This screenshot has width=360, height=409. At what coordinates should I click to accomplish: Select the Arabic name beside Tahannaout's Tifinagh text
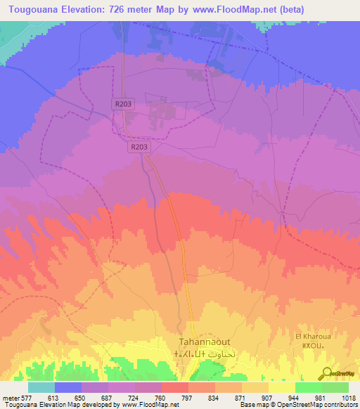coord(222,354)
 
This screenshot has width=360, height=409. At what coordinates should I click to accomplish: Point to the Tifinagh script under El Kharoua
coord(312,346)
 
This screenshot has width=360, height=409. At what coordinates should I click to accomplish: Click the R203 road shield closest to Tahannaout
coord(139,148)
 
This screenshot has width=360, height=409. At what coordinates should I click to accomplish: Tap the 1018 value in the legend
coord(349,397)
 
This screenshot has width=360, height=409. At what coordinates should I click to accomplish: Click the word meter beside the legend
coord(8,397)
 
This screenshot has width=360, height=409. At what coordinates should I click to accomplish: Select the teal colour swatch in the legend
coord(41,387)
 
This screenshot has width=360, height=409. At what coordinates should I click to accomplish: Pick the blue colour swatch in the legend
coord(68,387)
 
